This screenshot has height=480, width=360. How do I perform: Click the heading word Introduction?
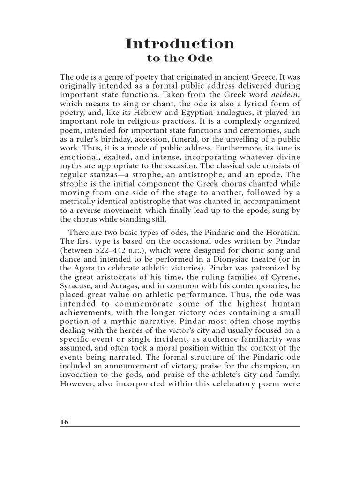point(180,44)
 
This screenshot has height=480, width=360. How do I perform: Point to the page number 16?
point(64,422)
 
